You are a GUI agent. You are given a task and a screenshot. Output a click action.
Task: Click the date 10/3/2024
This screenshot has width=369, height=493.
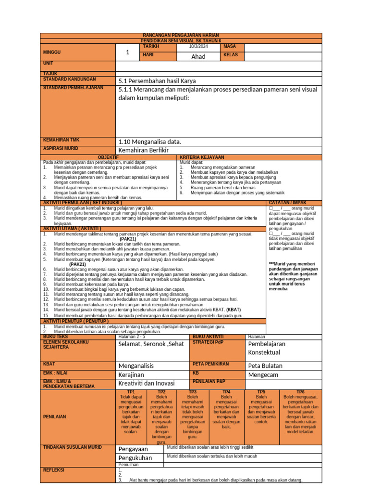198,46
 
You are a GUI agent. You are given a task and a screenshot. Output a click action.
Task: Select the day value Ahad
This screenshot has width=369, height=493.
198,56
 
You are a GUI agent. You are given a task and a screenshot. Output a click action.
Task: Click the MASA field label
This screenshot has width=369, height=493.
231,46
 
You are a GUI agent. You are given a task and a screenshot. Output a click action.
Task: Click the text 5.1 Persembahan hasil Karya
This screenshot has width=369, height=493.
157,81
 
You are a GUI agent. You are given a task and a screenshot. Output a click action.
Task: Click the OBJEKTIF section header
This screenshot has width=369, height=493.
108,157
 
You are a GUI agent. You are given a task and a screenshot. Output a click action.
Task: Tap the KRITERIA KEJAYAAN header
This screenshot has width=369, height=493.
202,157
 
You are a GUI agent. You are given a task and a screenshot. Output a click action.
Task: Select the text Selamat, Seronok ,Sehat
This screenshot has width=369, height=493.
151,344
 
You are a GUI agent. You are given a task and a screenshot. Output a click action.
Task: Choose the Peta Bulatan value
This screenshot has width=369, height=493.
265,365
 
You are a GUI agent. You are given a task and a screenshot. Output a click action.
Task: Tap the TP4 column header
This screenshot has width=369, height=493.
227,392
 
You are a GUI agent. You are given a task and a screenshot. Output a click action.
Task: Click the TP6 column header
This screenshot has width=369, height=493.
300,392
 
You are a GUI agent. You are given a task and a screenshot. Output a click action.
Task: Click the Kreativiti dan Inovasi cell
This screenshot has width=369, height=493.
147,383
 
